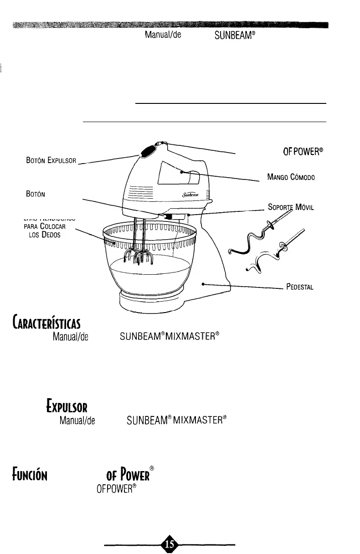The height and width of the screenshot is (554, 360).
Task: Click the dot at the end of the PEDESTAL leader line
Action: [x=203, y=283]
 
